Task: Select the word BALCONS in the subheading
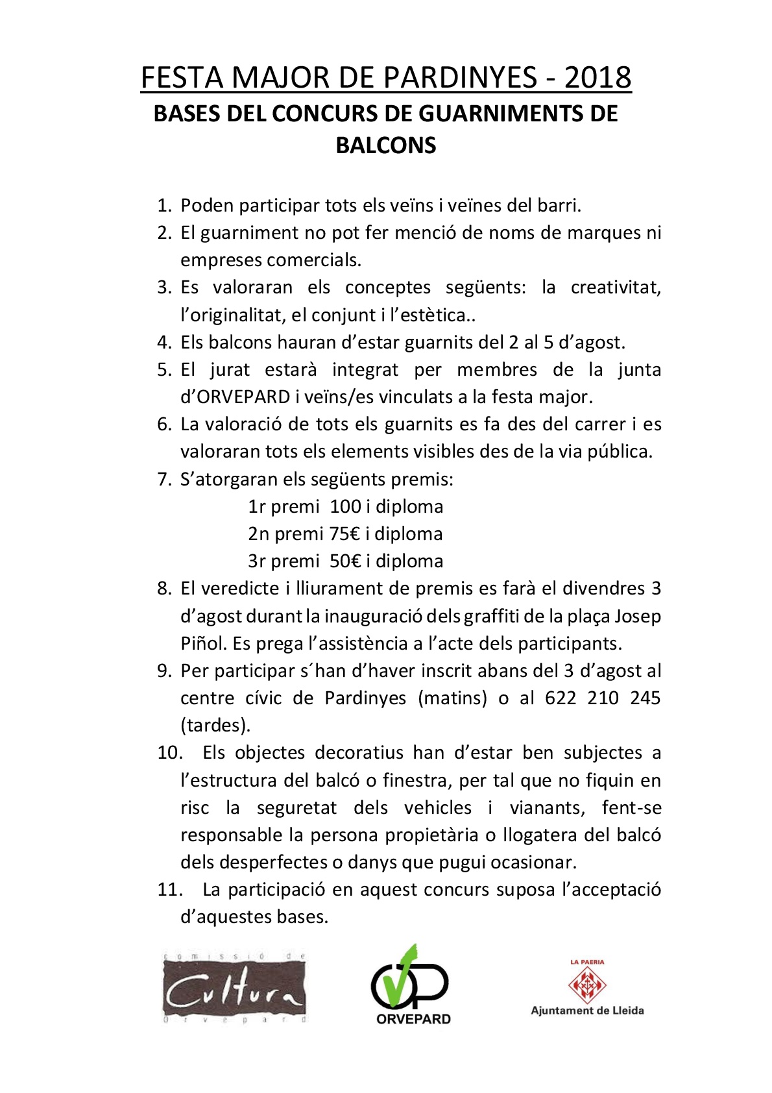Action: click(385, 145)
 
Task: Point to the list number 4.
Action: click(164, 342)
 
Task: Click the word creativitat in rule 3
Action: click(615, 288)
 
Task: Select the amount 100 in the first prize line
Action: click(345, 506)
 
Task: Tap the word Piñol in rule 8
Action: click(203, 643)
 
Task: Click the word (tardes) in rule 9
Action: click(215, 725)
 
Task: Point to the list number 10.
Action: click(171, 753)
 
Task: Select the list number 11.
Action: click(171, 889)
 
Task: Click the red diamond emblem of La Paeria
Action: click(586, 984)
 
